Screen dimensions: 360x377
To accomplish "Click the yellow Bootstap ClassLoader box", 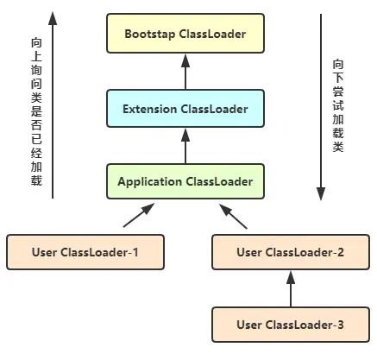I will (185, 35).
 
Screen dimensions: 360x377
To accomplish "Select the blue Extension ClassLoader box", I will (185, 110).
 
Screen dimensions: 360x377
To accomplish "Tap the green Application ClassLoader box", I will (185, 182).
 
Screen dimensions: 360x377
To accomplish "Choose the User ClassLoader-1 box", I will (85, 253).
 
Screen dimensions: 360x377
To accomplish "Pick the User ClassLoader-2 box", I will (290, 253).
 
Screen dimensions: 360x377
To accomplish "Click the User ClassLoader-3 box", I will (290, 325).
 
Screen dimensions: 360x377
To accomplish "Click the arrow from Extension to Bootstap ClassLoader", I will (185, 73).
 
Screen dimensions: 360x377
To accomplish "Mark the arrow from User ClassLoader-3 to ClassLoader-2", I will (290, 289).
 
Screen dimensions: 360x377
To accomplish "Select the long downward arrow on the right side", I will (321, 104).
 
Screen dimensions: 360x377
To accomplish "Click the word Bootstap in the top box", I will (149, 35).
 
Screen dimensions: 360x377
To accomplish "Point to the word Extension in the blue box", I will (150, 110).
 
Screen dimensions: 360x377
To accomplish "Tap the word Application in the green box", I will (148, 182).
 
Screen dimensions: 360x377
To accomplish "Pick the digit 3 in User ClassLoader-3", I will (342, 325).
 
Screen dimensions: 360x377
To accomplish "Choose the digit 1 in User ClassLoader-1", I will (135, 253).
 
